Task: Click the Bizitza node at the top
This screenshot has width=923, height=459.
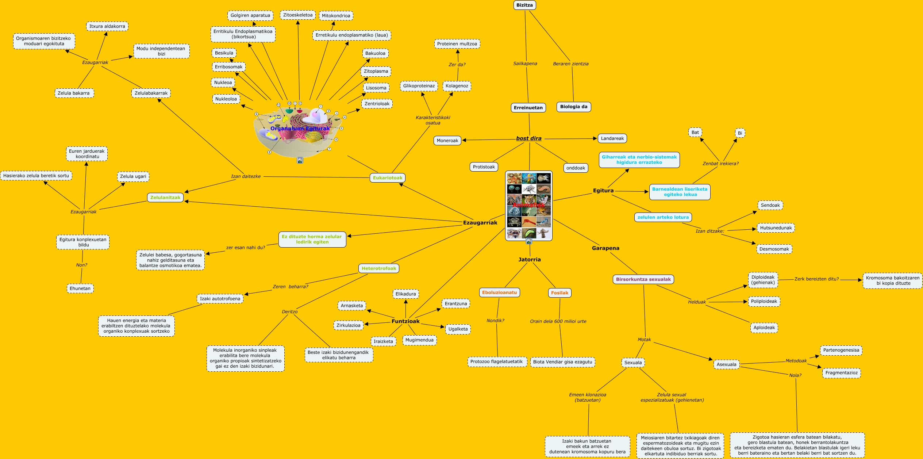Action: coord(524,5)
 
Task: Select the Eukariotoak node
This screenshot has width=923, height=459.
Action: coord(387,178)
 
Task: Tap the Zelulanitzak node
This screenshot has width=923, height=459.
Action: coord(165,198)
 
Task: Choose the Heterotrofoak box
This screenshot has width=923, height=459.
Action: coord(378,268)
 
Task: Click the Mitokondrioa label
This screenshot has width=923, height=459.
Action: coord(336,16)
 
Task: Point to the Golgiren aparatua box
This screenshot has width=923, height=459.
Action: coord(250,15)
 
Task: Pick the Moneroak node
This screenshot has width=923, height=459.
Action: coord(447,141)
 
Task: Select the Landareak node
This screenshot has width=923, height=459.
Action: coord(612,138)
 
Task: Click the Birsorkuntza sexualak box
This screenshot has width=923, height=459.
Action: coord(643,279)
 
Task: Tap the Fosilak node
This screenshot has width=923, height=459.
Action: coord(559,293)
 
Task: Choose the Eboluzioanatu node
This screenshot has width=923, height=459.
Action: coord(499,292)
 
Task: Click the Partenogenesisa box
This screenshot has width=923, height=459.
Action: coord(841,350)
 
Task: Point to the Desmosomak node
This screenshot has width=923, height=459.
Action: coord(774,249)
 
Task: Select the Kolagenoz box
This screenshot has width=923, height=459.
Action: coord(457,86)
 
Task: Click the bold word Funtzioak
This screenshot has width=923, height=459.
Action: coord(405,321)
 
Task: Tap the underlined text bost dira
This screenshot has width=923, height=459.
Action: coord(528,138)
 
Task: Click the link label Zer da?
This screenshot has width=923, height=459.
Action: coord(457,65)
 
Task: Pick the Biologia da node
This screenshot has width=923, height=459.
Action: coord(573,107)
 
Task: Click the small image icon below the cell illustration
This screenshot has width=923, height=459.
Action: coord(300,160)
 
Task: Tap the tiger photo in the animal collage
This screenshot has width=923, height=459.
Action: coord(529,199)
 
